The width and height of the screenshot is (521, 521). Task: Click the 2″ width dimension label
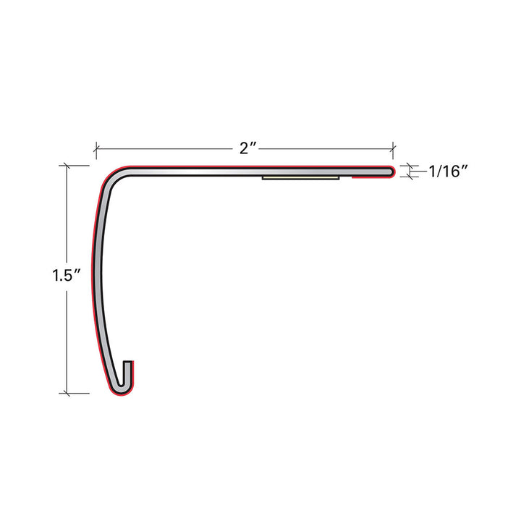coord(249,149)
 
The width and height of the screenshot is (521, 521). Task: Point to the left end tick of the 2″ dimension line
coord(96,149)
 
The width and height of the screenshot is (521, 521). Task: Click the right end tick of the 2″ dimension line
coord(393,149)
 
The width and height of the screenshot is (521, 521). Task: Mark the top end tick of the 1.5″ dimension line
coord(67,166)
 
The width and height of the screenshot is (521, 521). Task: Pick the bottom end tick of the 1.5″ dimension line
coord(67,394)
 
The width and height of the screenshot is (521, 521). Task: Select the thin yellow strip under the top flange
coord(301,177)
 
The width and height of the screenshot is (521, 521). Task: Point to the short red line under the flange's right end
coord(370,179)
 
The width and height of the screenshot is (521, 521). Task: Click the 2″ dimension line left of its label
coord(166,149)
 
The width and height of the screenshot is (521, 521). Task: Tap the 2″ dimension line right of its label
coord(326,149)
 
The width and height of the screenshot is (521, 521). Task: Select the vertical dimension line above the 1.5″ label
coord(67,217)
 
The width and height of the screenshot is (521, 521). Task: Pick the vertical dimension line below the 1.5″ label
coord(67,340)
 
